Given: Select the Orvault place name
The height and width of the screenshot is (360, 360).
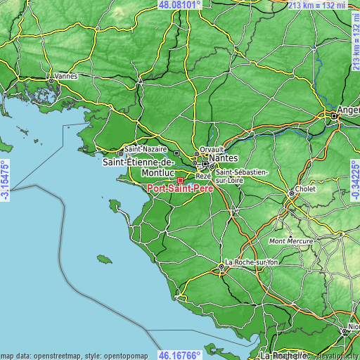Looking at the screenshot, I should click(x=210, y=149).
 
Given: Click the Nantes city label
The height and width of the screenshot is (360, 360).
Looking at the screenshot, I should click(x=226, y=159).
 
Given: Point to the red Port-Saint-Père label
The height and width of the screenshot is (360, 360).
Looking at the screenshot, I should click(x=180, y=188).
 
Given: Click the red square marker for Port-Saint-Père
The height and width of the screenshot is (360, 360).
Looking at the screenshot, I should click(x=180, y=180).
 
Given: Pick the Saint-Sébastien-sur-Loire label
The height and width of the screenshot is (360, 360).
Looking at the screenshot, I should click(x=240, y=176).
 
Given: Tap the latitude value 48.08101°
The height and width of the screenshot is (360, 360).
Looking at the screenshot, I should click(x=180, y=4).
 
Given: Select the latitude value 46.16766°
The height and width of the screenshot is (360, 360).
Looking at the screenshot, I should click(x=180, y=355).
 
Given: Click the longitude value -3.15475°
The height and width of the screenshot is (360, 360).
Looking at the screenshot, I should click(x=5, y=180).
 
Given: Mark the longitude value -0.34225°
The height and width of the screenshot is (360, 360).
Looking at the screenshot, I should click(x=354, y=180).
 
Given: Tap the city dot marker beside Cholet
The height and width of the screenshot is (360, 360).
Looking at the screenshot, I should click(x=291, y=193).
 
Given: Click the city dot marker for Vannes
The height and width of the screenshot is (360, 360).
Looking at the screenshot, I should click(x=51, y=81).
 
